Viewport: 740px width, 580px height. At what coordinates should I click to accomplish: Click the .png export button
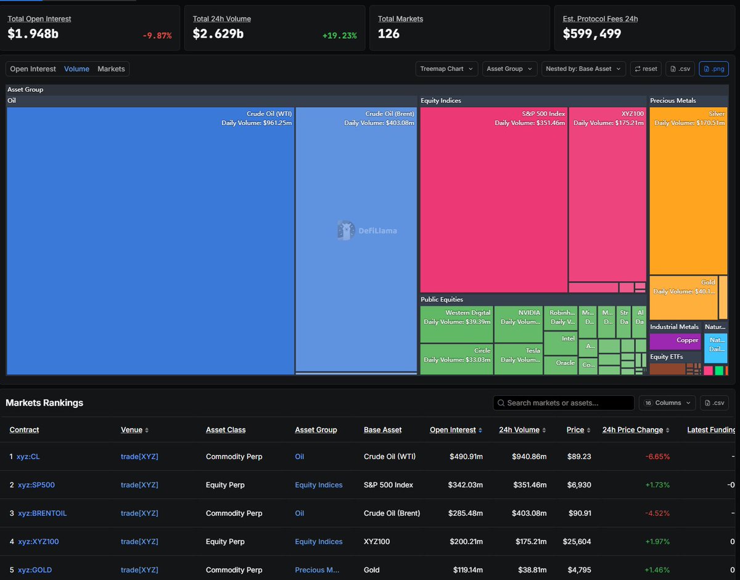713,68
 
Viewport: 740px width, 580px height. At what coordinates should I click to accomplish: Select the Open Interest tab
33,69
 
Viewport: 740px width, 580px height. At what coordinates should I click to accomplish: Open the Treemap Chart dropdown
446,68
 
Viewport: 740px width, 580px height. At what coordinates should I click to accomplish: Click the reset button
646,68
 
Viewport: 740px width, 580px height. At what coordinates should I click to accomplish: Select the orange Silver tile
688,191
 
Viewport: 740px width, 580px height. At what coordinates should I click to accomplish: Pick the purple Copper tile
675,340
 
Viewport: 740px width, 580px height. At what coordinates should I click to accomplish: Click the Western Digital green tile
456,324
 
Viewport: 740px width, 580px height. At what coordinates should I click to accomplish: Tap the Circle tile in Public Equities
456,359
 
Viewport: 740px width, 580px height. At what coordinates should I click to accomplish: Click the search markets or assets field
564,402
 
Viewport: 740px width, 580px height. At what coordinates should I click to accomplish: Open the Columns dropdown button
667,402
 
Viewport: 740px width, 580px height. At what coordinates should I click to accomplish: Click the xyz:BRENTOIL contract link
42,513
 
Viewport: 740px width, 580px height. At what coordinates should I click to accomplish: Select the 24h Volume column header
519,430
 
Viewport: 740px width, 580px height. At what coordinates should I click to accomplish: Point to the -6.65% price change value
657,457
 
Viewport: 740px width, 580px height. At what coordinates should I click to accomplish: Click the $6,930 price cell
579,485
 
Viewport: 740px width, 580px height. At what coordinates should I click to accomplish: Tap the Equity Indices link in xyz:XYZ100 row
318,542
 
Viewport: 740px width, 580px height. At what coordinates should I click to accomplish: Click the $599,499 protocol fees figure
592,34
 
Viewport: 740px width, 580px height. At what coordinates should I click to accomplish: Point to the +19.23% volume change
339,36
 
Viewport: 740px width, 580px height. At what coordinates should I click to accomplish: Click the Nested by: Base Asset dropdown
583,68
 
